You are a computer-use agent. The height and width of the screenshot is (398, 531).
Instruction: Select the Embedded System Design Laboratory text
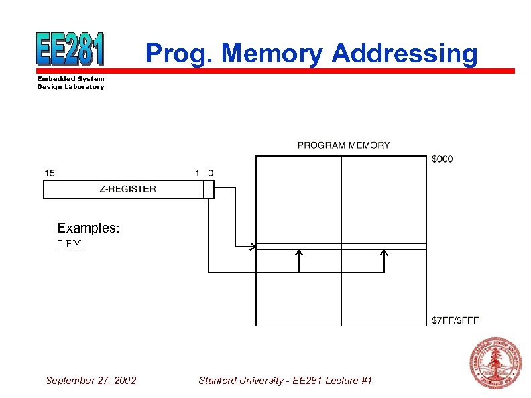tap(70, 83)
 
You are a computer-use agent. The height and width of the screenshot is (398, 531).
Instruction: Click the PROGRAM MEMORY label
tap(343, 145)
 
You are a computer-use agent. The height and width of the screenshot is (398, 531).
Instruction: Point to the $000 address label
tap(442, 159)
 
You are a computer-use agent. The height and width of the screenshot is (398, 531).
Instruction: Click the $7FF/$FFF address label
tap(455, 320)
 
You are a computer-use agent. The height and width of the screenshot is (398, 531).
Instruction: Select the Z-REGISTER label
tap(127, 189)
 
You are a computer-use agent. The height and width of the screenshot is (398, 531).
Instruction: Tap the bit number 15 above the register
tap(50, 173)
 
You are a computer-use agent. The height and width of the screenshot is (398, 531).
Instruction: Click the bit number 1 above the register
tap(198, 173)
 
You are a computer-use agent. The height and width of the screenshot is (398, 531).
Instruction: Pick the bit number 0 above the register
tap(211, 173)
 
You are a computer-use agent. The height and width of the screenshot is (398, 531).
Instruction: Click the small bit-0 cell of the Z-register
tap(209, 190)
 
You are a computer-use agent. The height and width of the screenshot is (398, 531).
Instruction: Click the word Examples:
tap(88, 228)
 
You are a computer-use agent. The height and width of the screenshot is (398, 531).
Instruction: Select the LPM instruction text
tap(69, 244)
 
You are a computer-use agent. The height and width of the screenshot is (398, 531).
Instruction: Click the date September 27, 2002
tap(91, 381)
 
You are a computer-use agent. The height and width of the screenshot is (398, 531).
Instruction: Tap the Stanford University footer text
tap(285, 381)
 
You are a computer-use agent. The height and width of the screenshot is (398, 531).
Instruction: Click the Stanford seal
tap(495, 362)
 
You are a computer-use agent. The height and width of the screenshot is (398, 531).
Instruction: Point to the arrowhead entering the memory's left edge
tap(253, 247)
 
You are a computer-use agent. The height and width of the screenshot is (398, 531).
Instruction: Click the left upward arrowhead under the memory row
tap(299, 253)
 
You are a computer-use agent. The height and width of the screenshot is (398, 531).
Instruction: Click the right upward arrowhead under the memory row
tap(384, 253)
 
